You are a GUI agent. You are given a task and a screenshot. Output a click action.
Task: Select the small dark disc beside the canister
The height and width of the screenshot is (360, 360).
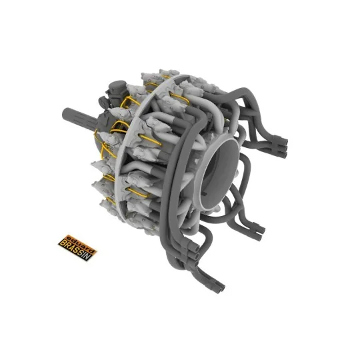click(102, 101)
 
